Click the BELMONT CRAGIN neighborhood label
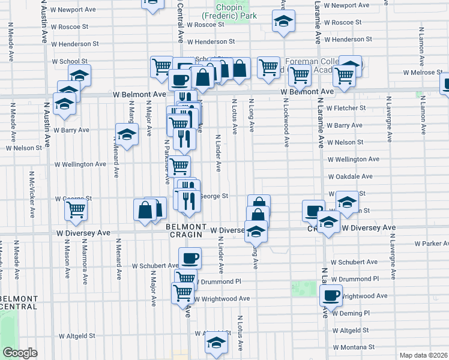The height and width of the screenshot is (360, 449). (x=183, y=230)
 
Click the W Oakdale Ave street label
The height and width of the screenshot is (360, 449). (x=350, y=176)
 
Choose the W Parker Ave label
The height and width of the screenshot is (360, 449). (x=431, y=244)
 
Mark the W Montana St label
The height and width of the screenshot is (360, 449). (x=354, y=347)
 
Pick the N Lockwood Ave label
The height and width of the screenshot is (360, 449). (x=287, y=127)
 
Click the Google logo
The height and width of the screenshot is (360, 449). (x=20, y=353)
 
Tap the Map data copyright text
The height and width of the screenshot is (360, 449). (x=424, y=355)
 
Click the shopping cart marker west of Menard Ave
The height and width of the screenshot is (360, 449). (x=76, y=209)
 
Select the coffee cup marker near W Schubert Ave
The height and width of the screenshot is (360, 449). (x=190, y=258)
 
